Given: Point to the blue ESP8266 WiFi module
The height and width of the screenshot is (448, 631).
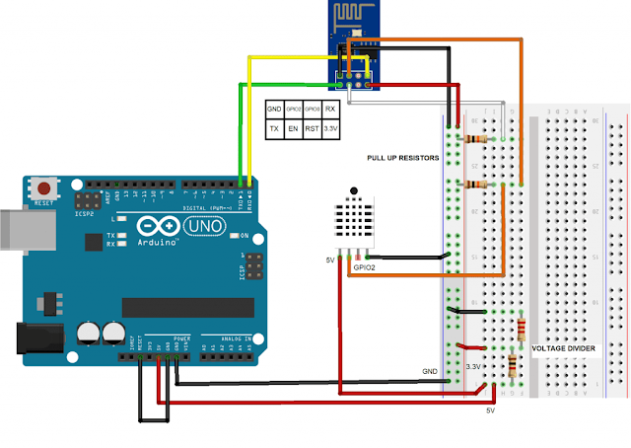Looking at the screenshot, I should (352, 43).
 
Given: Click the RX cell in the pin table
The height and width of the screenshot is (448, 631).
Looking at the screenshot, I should (331, 109).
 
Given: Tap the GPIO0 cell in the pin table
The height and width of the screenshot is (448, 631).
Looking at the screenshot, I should (313, 109).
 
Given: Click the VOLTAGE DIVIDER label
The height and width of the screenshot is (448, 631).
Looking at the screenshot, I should (564, 348).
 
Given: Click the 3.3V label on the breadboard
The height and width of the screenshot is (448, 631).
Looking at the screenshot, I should (473, 366).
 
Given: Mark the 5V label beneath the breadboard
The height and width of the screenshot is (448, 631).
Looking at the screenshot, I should (490, 410).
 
